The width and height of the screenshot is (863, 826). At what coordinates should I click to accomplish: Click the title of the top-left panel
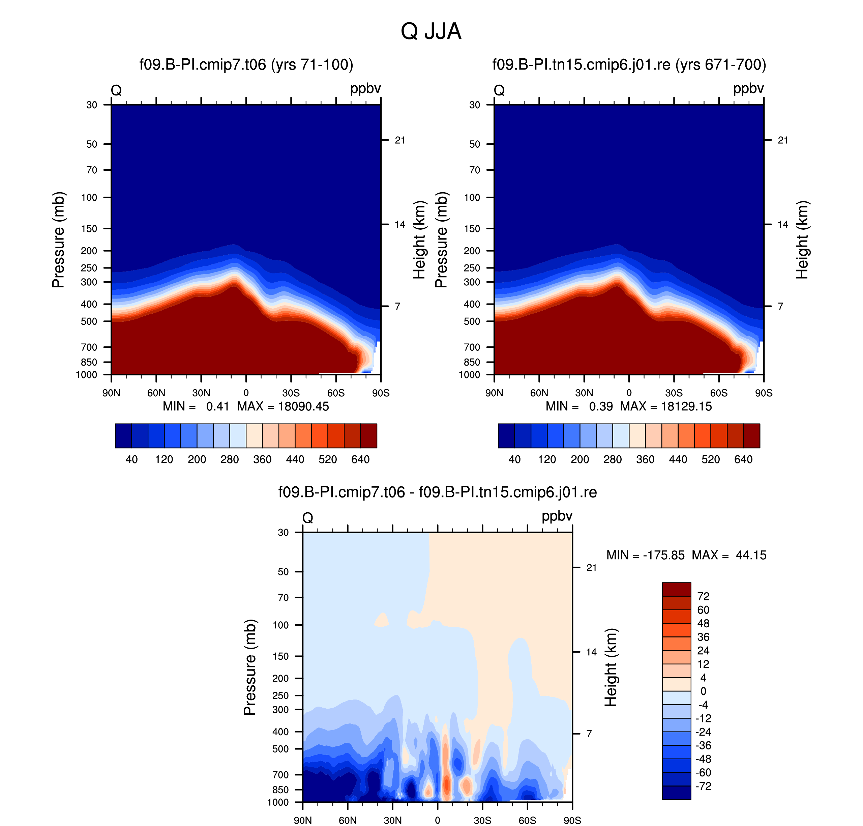[246, 65]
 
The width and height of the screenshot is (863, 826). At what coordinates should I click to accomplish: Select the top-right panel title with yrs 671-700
[629, 65]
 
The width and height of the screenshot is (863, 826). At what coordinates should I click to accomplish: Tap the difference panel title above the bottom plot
[438, 492]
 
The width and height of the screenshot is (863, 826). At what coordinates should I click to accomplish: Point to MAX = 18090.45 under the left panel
[283, 406]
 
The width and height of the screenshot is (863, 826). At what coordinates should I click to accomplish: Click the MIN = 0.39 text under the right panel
[579, 406]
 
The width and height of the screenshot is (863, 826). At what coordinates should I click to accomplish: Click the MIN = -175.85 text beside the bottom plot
[645, 555]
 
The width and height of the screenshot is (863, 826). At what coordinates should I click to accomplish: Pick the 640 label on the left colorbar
[360, 460]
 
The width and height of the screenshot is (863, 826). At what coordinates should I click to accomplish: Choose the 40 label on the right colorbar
[514, 460]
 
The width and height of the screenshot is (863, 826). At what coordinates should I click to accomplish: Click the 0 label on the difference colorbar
[703, 691]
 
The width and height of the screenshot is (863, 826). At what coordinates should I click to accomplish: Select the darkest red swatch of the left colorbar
[369, 436]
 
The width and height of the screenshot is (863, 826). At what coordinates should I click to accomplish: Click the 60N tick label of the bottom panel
[348, 821]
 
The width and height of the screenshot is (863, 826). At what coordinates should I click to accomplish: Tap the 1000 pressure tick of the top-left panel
[87, 375]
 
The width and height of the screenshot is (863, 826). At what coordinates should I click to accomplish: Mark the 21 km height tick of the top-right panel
[783, 140]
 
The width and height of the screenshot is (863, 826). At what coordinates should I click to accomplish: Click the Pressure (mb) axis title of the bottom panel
[249, 667]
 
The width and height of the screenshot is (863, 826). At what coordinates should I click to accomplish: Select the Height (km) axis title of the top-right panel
[802, 240]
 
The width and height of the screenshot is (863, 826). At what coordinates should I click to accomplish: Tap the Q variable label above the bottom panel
[308, 518]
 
